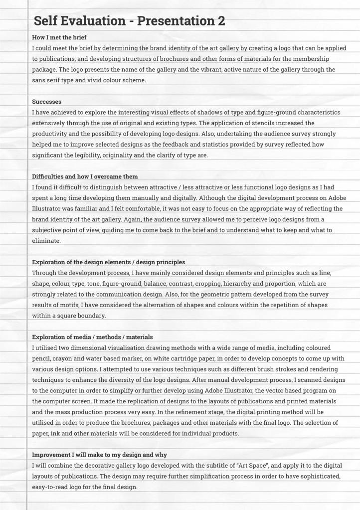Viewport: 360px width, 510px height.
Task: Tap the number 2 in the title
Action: (x=221, y=21)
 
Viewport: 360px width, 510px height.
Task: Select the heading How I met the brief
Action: (x=62, y=37)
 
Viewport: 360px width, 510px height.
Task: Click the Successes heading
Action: (x=47, y=102)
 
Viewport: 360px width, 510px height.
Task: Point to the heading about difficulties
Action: (x=85, y=176)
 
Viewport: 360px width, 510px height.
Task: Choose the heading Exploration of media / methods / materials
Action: (x=92, y=337)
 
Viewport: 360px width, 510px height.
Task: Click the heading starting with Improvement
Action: (x=99, y=455)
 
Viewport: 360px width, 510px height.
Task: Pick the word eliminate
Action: (x=46, y=240)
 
